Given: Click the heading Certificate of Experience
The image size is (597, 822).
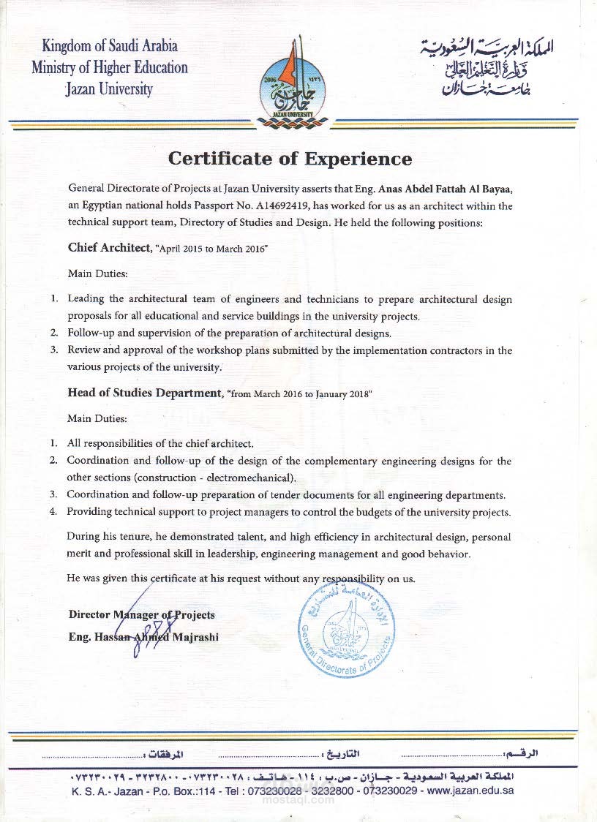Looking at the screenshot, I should click(x=290, y=159).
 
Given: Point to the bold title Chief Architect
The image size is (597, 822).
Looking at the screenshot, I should click(x=108, y=247).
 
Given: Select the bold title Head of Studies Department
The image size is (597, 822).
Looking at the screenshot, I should click(x=144, y=393).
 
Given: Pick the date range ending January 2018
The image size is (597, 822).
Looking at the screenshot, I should click(x=301, y=394).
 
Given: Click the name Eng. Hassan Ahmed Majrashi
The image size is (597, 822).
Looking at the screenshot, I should click(x=143, y=637).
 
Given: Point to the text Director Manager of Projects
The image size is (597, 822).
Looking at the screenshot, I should click(x=141, y=614).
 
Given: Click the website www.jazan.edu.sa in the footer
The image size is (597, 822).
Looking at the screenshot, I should click(x=470, y=791).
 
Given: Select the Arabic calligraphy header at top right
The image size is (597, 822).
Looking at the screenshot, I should click(x=487, y=67).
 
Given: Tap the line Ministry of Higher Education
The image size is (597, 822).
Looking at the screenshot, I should click(x=110, y=68).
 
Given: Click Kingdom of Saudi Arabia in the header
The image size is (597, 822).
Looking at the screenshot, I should click(x=110, y=46).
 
